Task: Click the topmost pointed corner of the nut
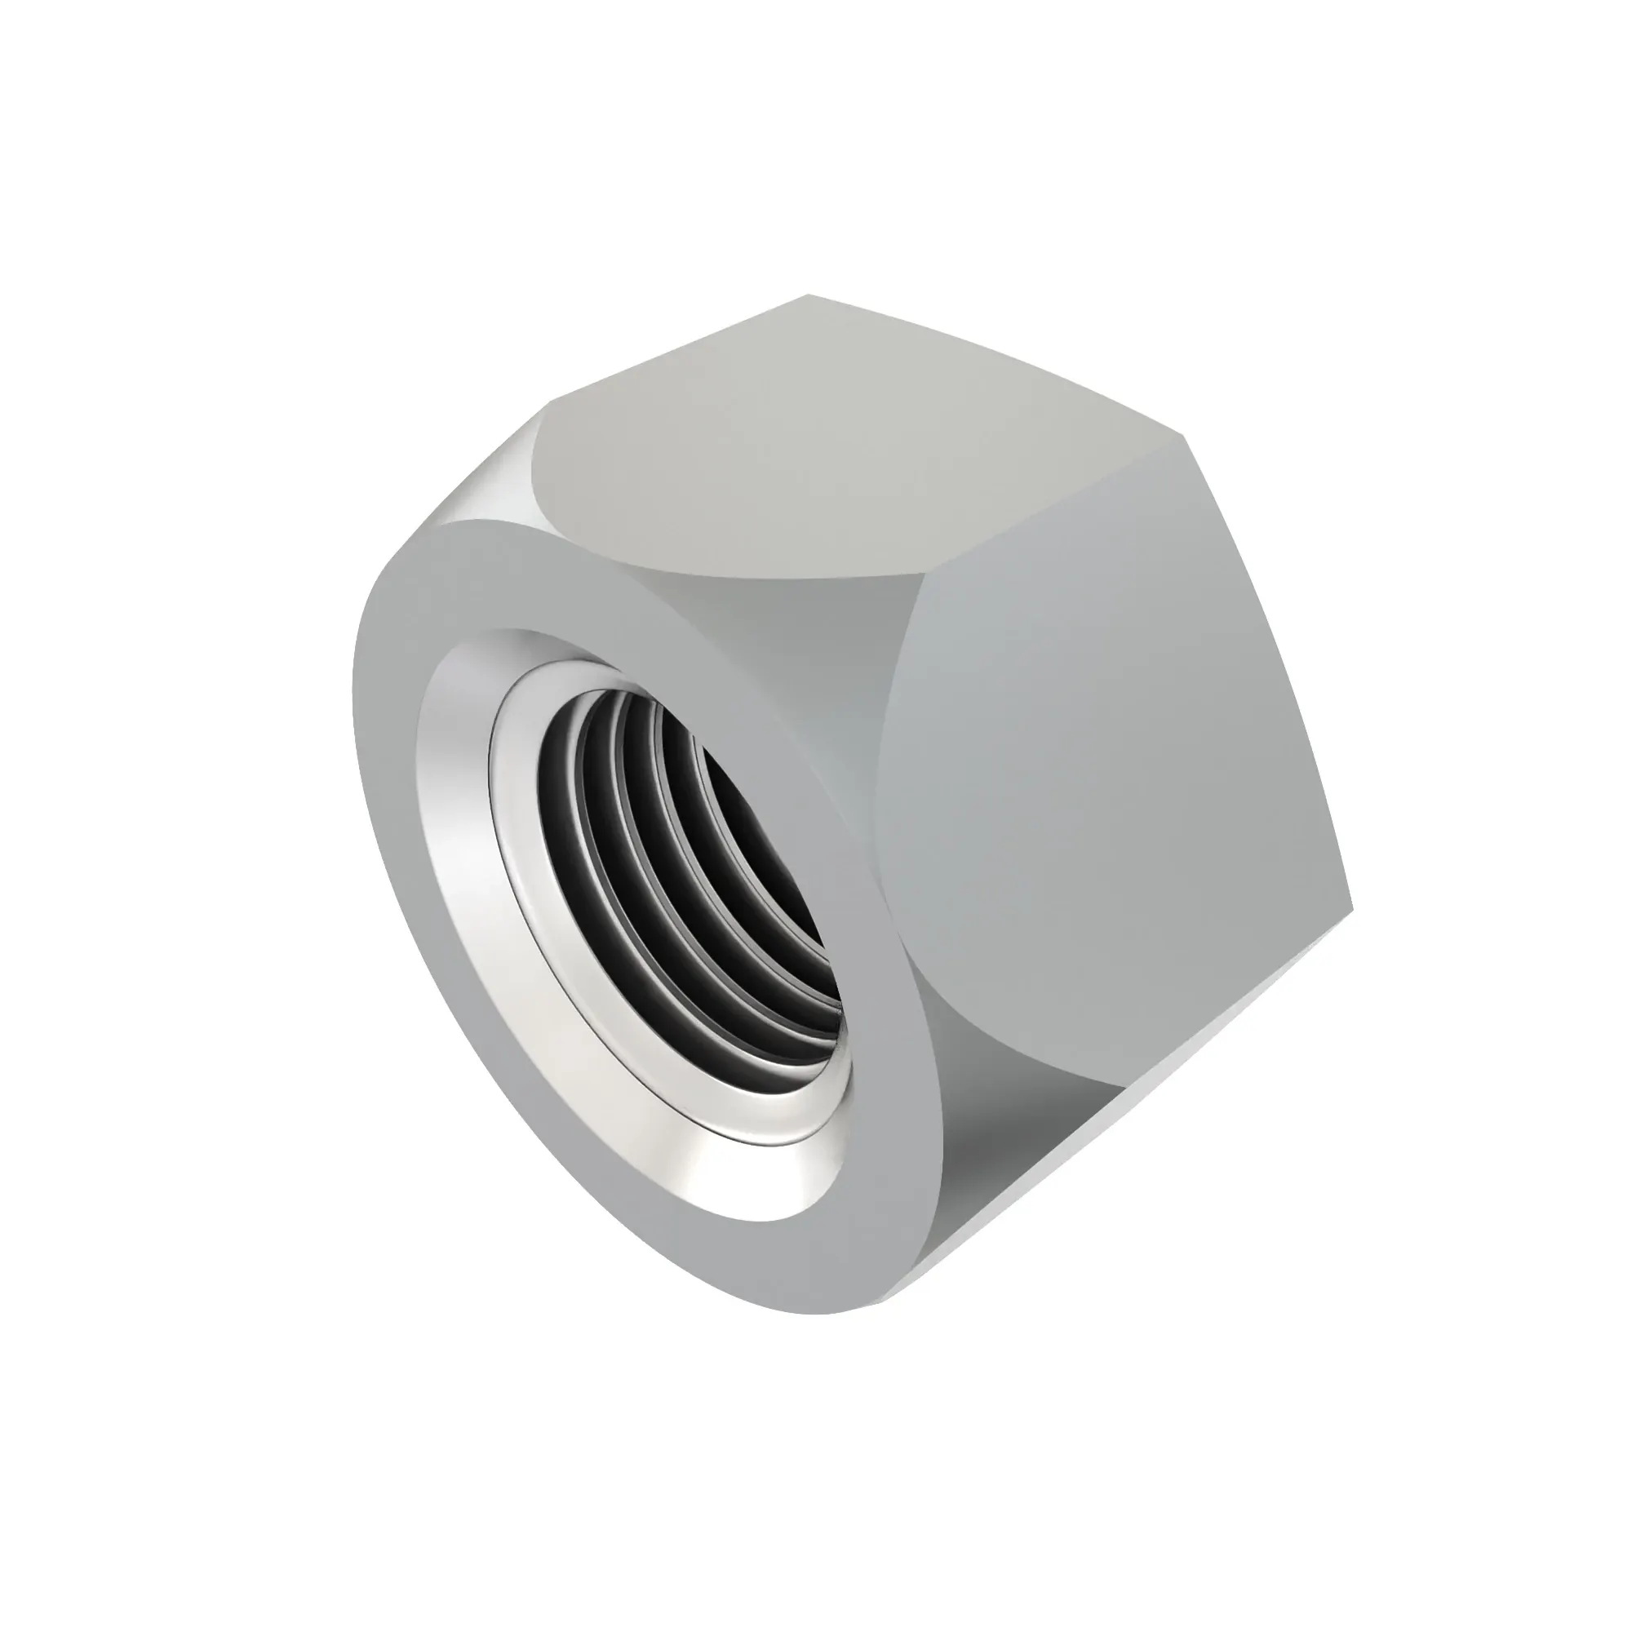point(809,295)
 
